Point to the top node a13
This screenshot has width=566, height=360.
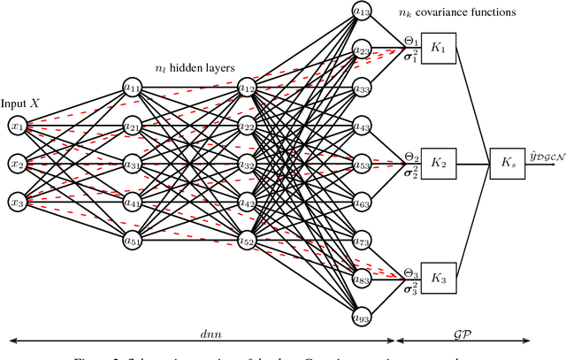click(362, 11)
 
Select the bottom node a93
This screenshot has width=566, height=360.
click(362, 318)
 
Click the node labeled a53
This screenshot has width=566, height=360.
click(362, 165)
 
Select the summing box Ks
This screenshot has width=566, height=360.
click(506, 165)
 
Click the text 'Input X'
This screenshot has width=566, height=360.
click(20, 103)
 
